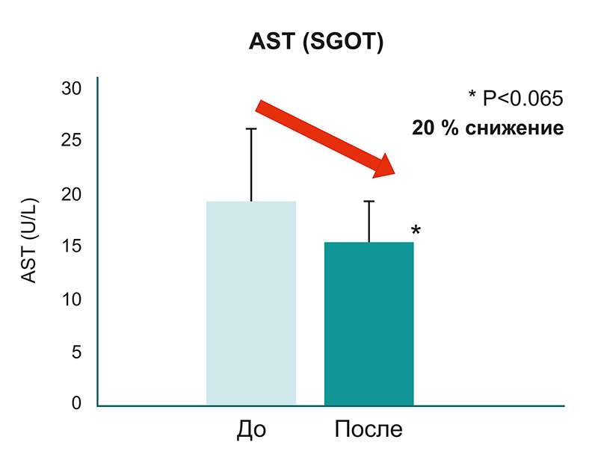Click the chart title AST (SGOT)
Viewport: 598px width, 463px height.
click(x=315, y=43)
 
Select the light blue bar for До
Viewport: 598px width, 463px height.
click(x=250, y=303)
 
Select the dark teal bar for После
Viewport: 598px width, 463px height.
click(x=369, y=323)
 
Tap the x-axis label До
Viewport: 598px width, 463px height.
click(x=251, y=430)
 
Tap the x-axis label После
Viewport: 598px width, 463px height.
click(x=369, y=430)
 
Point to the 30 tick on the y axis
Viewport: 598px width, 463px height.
click(x=71, y=88)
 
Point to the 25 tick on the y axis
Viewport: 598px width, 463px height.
click(x=71, y=141)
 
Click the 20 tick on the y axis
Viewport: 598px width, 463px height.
click(x=71, y=194)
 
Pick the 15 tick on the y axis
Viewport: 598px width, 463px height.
click(x=71, y=246)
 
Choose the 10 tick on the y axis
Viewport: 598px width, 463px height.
click(x=71, y=299)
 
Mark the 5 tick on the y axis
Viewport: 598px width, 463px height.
click(x=75, y=352)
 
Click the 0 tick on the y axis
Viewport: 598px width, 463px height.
click(x=75, y=404)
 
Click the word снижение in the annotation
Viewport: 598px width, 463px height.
click(x=517, y=128)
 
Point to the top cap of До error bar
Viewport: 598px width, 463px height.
click(x=251, y=128)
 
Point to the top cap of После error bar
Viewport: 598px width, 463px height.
click(x=369, y=201)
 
